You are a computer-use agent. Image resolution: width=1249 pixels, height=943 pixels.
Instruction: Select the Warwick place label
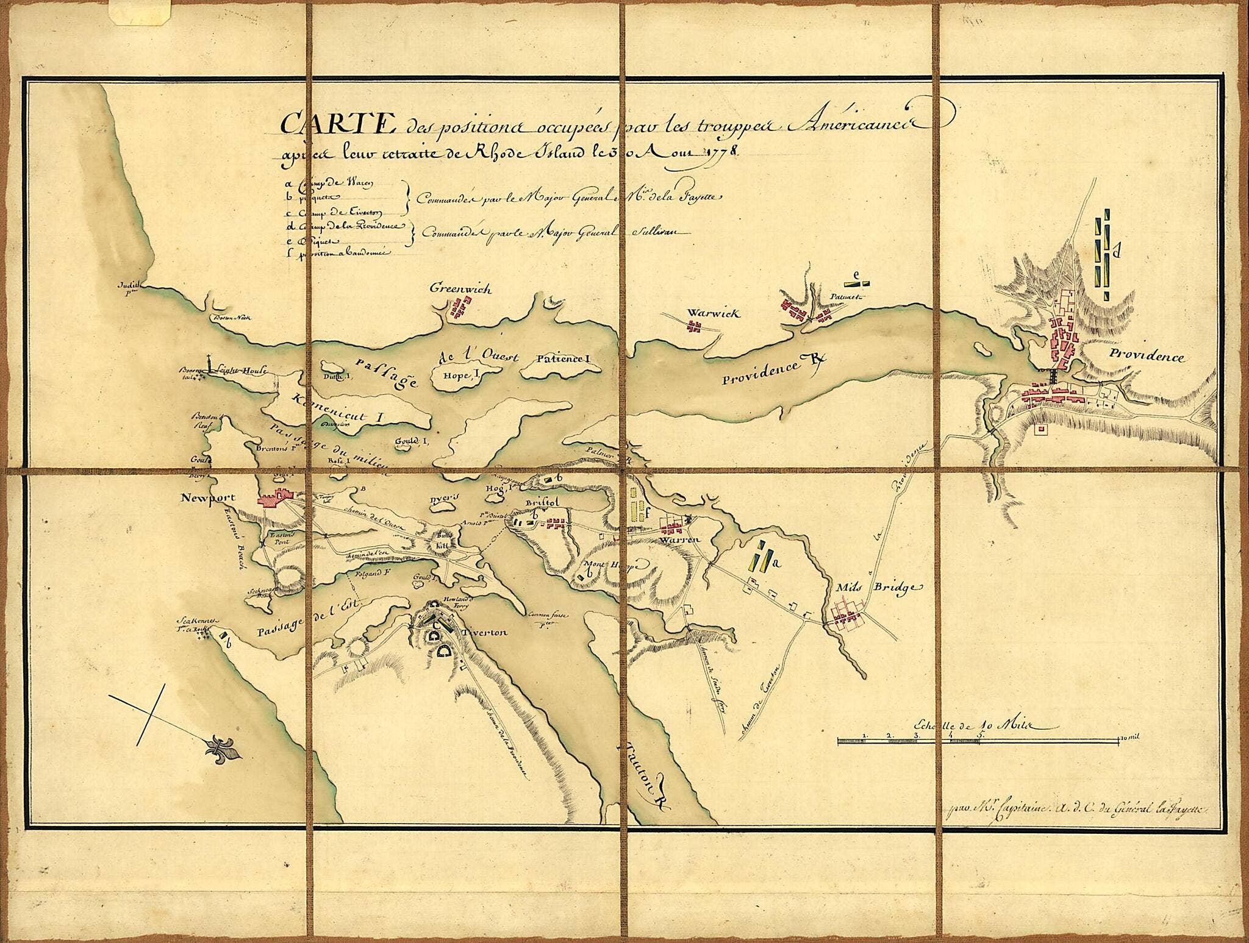pos(712,313)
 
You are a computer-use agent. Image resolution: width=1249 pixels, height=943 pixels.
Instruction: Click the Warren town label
pos(678,540)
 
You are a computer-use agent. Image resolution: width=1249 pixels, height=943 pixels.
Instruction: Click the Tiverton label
pos(487,633)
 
